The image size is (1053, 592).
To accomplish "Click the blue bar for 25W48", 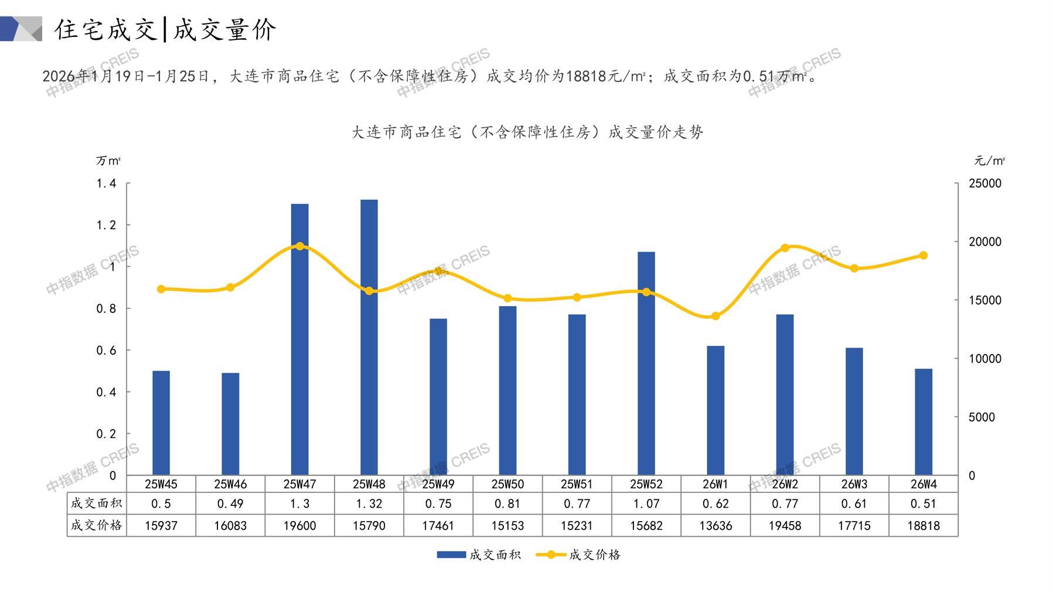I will click(x=369, y=338).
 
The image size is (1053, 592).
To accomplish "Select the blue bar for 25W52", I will click(x=646, y=363).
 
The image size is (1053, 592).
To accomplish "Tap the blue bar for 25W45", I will click(x=161, y=423).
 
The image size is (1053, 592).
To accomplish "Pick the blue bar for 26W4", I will click(x=923, y=422).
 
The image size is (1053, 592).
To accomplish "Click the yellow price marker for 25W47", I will click(x=300, y=246).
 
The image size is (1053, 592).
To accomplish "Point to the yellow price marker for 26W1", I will click(x=715, y=317).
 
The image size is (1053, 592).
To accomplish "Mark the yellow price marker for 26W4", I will click(x=923, y=256).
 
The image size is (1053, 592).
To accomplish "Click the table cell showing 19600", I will click(x=300, y=526).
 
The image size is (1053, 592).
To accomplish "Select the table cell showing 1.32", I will click(x=369, y=503).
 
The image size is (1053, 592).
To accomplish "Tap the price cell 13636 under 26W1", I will click(x=715, y=526).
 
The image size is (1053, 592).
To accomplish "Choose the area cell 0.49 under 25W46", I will click(x=230, y=503).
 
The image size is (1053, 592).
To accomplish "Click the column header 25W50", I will click(x=507, y=484).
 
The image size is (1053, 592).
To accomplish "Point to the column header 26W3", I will click(x=854, y=484).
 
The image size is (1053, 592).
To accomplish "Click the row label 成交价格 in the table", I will click(x=97, y=526).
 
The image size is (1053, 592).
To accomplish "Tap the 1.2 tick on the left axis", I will click(x=106, y=225).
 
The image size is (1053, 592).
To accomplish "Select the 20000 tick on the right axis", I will click(x=985, y=241).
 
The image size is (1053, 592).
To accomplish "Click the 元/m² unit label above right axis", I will click(x=990, y=161).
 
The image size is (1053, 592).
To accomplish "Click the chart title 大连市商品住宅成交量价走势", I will click(x=527, y=132).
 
